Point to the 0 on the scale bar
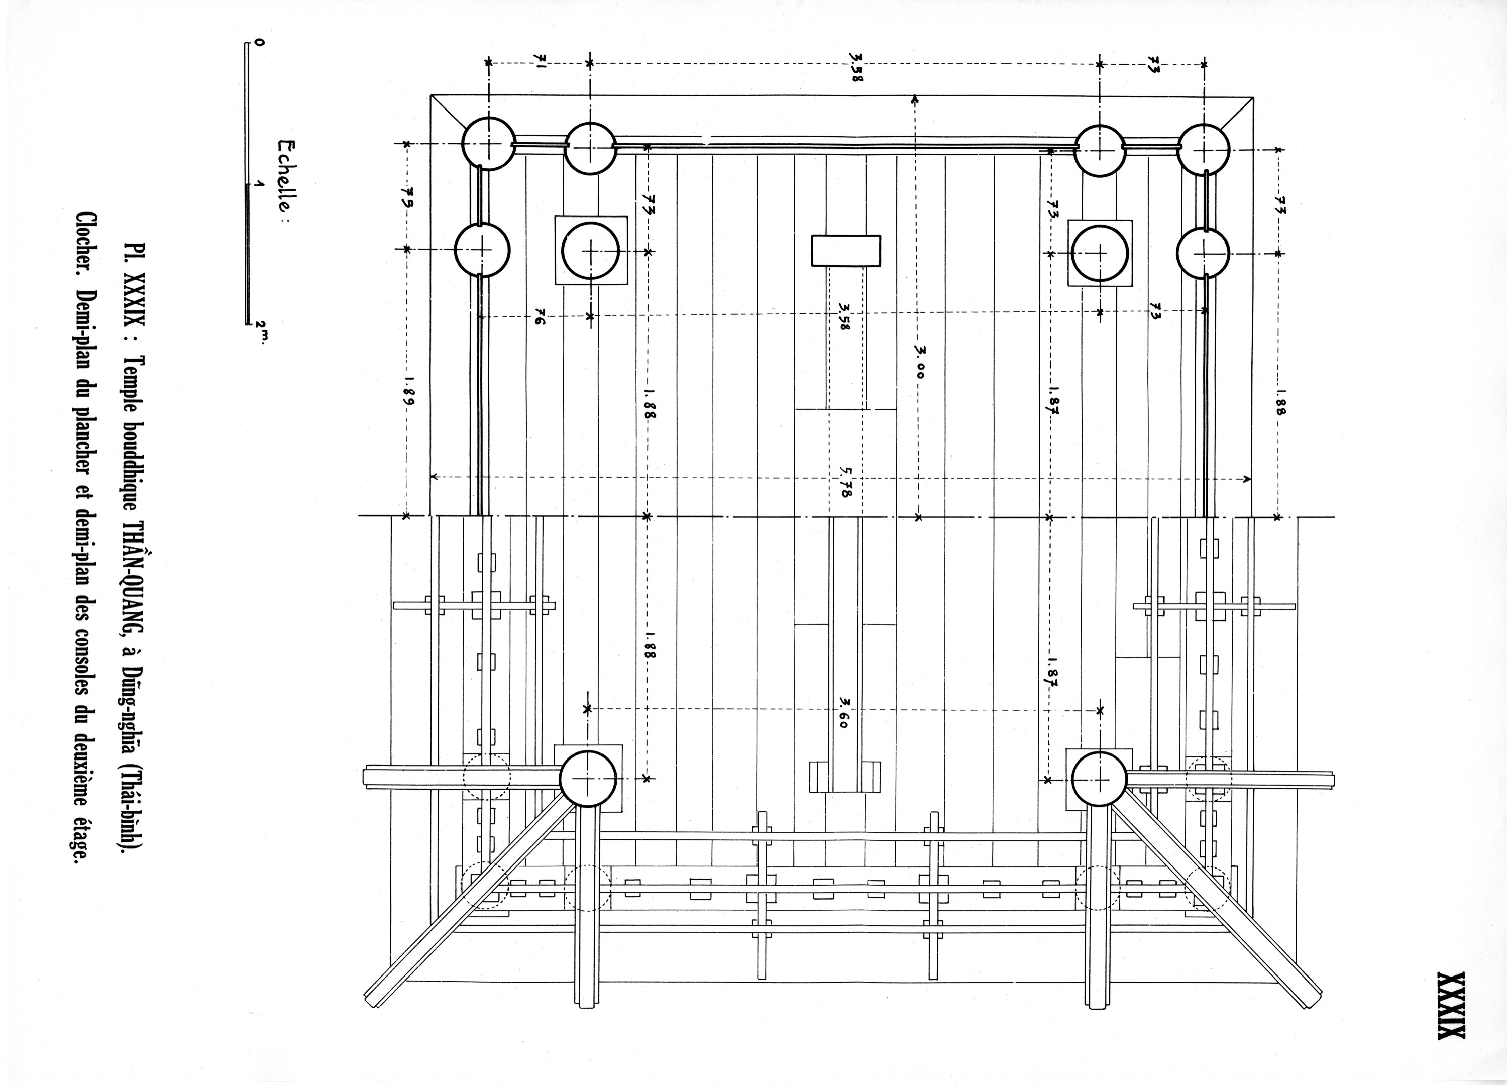point(259,43)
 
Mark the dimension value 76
point(540,319)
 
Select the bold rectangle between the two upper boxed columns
point(845,251)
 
